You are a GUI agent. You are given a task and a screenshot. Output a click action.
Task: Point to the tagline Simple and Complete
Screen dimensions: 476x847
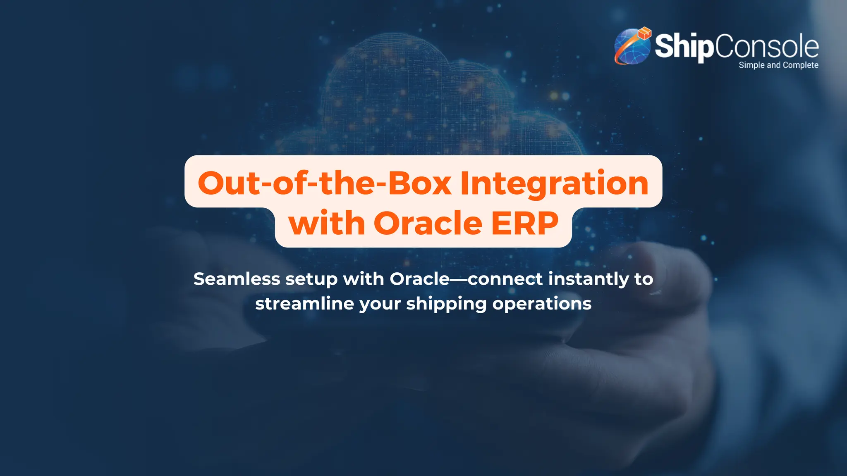[778, 65]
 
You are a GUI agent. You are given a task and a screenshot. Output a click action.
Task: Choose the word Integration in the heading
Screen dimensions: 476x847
[554, 183]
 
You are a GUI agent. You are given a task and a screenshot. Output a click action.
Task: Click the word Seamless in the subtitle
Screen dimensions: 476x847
[237, 279]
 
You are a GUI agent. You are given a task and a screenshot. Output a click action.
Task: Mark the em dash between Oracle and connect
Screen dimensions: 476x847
[459, 279]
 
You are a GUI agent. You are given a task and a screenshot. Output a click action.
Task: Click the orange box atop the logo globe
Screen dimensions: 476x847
[644, 33]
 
